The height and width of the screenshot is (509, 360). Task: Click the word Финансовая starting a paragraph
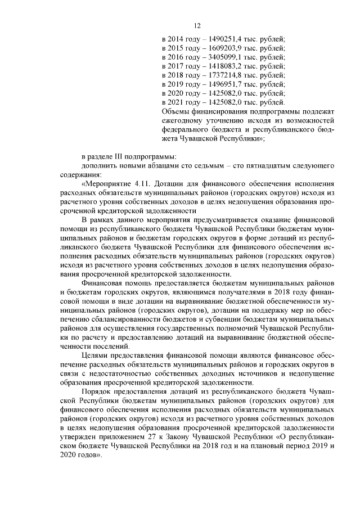[102, 283]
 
